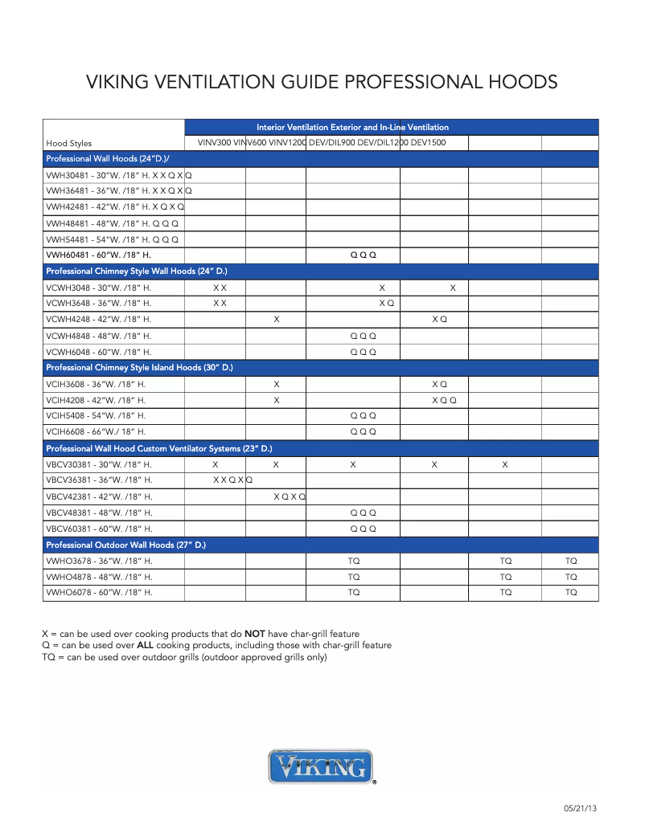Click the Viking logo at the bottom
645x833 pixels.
click(322, 766)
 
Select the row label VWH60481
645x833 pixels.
click(98, 255)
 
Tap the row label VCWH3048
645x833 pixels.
click(98, 288)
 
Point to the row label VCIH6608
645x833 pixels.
click(96, 432)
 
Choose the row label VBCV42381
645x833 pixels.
click(99, 496)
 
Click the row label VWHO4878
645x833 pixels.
click(99, 577)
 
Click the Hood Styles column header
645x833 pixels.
click(69, 144)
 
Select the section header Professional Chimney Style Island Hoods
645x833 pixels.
click(139, 368)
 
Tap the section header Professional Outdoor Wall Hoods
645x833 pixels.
click(125, 545)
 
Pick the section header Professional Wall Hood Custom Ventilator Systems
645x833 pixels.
click(158, 448)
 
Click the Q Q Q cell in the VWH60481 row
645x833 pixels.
click(363, 255)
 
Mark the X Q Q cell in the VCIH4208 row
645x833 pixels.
click(444, 400)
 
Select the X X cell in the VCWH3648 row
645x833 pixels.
click(220, 304)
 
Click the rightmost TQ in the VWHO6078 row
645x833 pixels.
click(571, 593)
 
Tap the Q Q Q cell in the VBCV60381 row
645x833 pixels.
click(363, 529)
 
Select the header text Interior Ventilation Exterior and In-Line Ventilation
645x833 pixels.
click(352, 127)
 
